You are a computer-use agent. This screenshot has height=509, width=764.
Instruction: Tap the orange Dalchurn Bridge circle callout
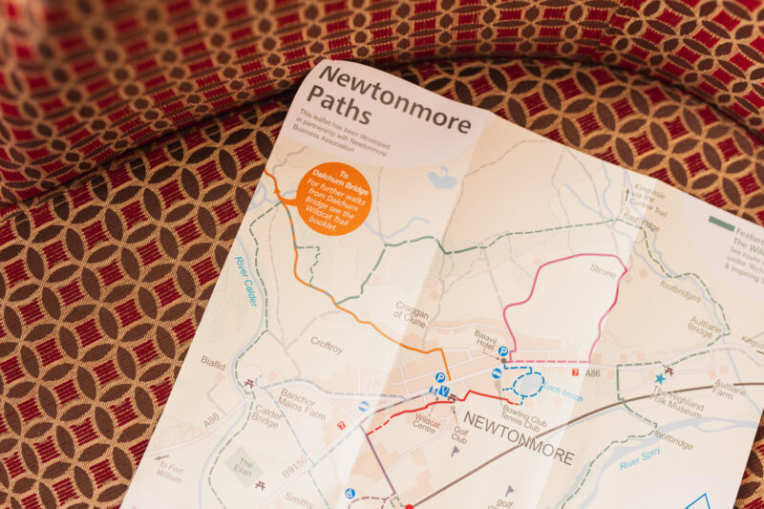(332, 198)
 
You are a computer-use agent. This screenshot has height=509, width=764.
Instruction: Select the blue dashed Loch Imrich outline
(528, 383)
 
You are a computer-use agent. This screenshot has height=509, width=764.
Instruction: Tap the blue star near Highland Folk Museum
(659, 378)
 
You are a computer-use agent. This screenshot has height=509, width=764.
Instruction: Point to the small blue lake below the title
(441, 178)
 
